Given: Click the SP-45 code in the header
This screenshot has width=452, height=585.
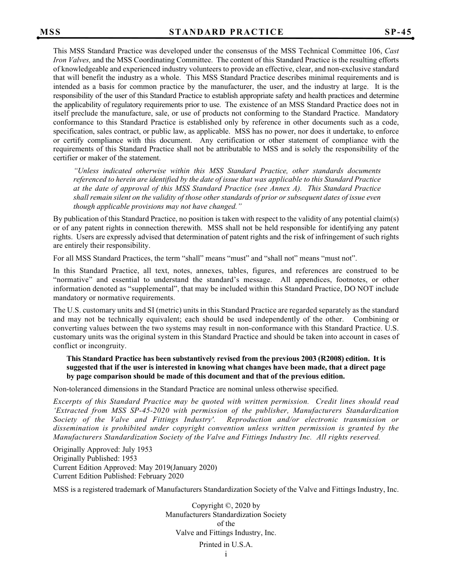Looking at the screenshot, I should [x=398, y=32].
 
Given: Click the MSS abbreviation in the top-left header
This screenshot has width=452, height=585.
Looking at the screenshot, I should [x=50, y=32].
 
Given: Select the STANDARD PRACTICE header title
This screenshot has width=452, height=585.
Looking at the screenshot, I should [x=226, y=32].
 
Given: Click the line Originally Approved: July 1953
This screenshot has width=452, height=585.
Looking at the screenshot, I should [x=103, y=449].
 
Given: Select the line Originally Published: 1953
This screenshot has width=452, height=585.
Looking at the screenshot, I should [x=95, y=458].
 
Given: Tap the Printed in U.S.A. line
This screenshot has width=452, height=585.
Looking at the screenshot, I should [x=226, y=545].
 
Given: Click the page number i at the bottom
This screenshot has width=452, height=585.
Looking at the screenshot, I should [x=226, y=554].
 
